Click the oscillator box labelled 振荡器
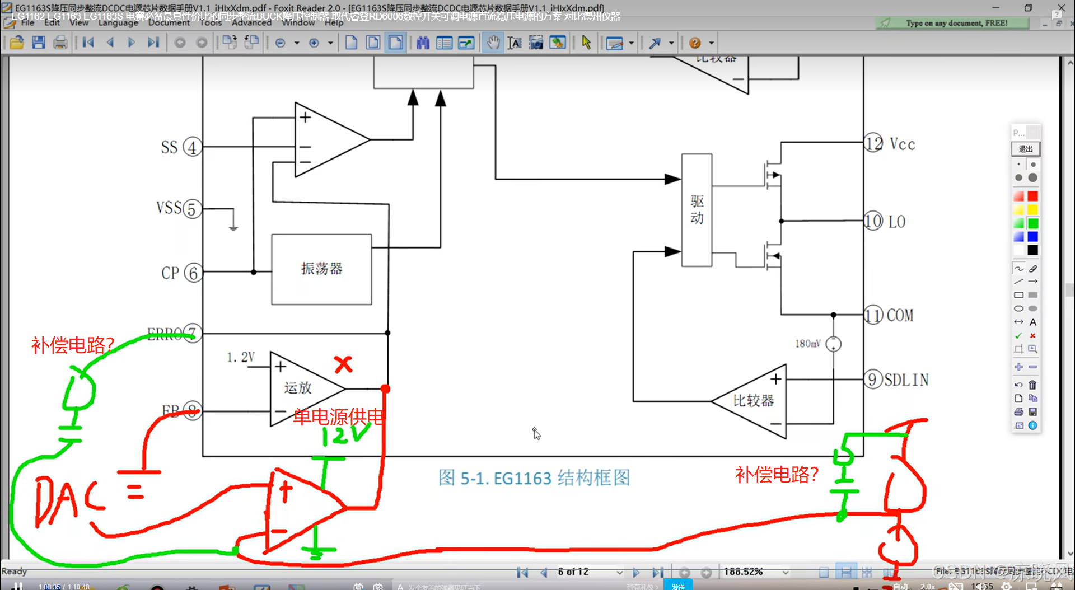(x=321, y=269)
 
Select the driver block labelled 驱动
(x=697, y=210)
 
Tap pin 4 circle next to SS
(x=192, y=147)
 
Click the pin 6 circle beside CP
(x=193, y=273)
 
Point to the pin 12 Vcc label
(x=902, y=144)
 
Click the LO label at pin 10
(x=896, y=222)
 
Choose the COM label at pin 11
(x=900, y=316)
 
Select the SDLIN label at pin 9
(x=906, y=380)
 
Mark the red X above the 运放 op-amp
(x=343, y=365)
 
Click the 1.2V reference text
(x=241, y=357)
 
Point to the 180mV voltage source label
(x=808, y=344)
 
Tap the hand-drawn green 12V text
(x=345, y=434)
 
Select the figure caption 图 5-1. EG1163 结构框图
(x=534, y=477)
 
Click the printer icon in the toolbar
(x=60, y=43)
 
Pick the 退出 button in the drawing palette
(x=1025, y=149)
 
